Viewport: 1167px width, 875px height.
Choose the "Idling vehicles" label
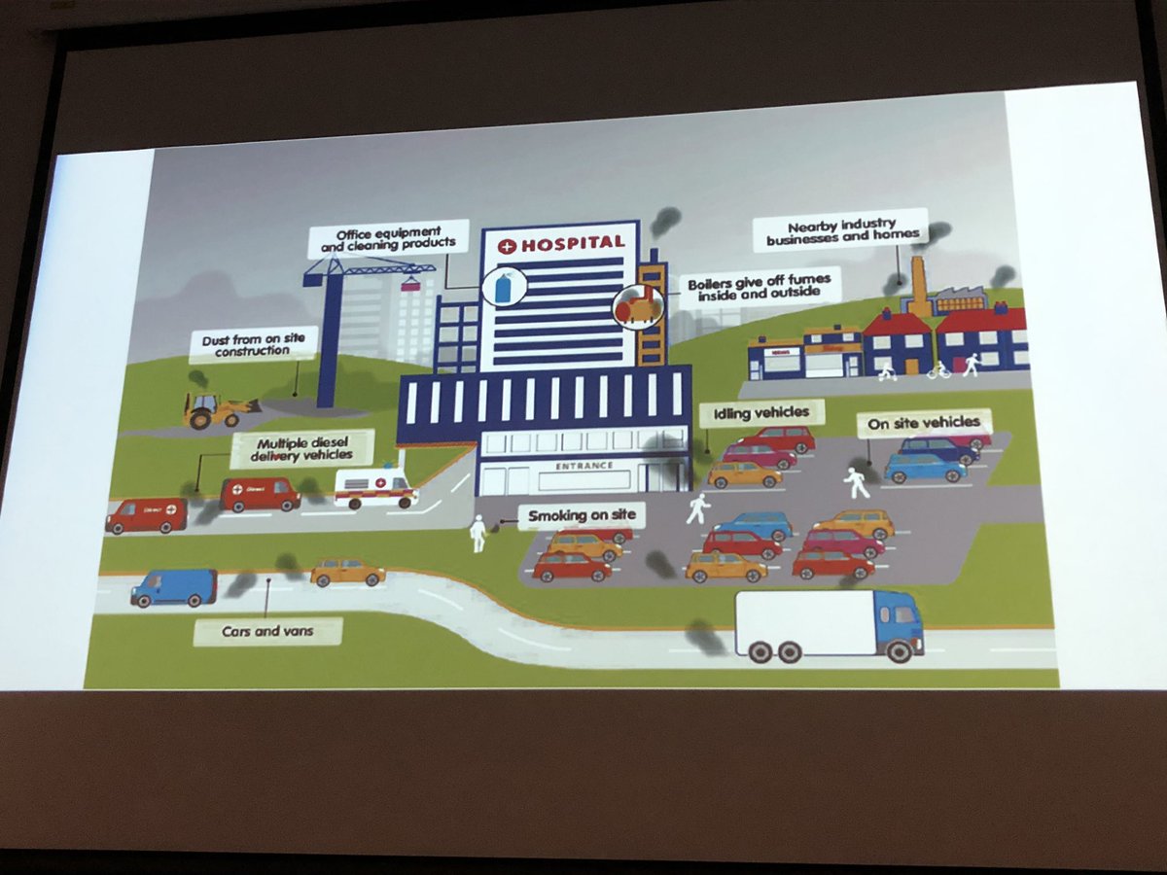(x=761, y=413)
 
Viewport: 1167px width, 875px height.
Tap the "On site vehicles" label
(x=925, y=423)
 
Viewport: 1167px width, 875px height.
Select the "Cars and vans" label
(x=267, y=632)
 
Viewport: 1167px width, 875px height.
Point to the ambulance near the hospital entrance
(x=375, y=487)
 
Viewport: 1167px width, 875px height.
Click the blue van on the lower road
(x=174, y=587)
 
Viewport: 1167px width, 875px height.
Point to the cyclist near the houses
(x=938, y=370)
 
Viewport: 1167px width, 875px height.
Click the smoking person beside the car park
(x=477, y=533)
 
